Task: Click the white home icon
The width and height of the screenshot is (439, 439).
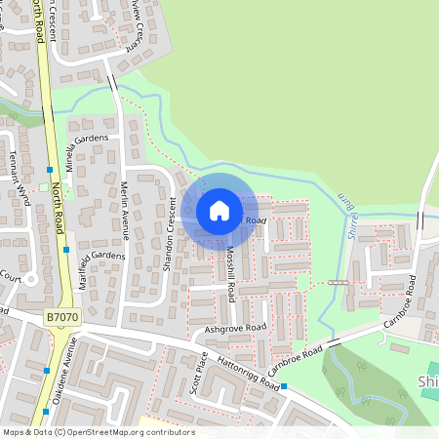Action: point(219,210)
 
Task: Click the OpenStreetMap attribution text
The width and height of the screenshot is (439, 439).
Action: point(98,432)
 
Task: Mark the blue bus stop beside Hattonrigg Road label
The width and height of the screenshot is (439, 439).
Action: point(284,387)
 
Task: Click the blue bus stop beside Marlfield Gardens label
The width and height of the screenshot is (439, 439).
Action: point(65,250)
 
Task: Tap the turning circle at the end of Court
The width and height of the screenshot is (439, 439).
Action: point(30,279)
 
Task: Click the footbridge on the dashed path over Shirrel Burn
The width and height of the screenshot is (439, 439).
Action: point(338,282)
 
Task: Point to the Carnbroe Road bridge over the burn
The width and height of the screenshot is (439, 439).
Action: point(333,342)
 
